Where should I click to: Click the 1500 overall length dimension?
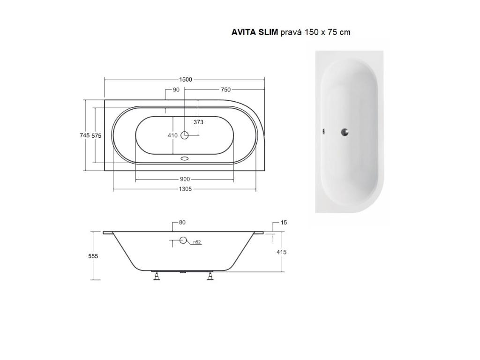(186, 80)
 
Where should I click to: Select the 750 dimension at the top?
(225, 90)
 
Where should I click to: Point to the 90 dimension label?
(176, 90)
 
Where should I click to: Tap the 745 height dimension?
(84, 135)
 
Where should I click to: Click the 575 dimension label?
(97, 135)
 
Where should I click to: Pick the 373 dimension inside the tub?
(199, 122)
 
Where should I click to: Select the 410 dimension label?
(172, 135)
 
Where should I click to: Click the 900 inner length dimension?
(185, 179)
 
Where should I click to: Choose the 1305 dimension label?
(185, 189)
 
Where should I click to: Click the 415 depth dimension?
(281, 252)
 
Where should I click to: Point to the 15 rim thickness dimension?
(284, 223)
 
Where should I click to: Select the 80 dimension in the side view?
(182, 223)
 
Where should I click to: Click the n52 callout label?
(197, 242)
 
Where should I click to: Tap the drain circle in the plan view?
(185, 135)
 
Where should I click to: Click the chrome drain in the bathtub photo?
(345, 132)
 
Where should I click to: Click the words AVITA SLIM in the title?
(255, 32)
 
